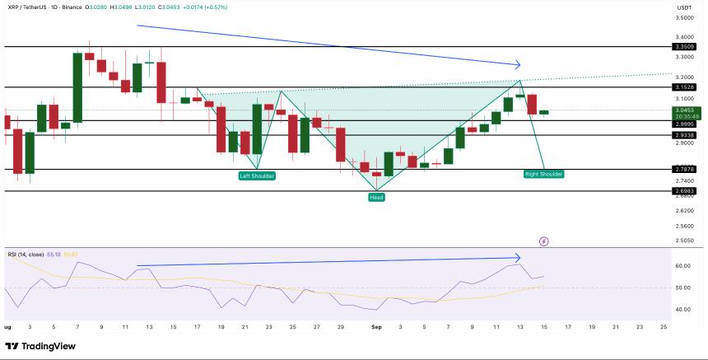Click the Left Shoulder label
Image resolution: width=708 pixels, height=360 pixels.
tap(257, 176)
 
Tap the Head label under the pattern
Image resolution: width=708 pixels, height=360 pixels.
tap(376, 198)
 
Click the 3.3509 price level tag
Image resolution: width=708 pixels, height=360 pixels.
tap(685, 47)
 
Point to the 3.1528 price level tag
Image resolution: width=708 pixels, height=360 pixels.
tap(685, 86)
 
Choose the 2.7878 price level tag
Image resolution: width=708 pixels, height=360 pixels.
tap(685, 169)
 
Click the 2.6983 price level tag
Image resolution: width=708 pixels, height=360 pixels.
tap(685, 190)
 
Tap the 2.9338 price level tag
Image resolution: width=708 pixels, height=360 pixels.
tap(685, 134)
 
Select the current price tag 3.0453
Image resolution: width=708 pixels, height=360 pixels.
tap(685, 110)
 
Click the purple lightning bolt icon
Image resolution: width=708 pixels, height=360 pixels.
tap(543, 241)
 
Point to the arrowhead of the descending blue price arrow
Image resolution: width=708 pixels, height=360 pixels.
tap(519, 65)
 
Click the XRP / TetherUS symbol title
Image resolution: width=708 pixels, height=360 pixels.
tap(32, 7)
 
